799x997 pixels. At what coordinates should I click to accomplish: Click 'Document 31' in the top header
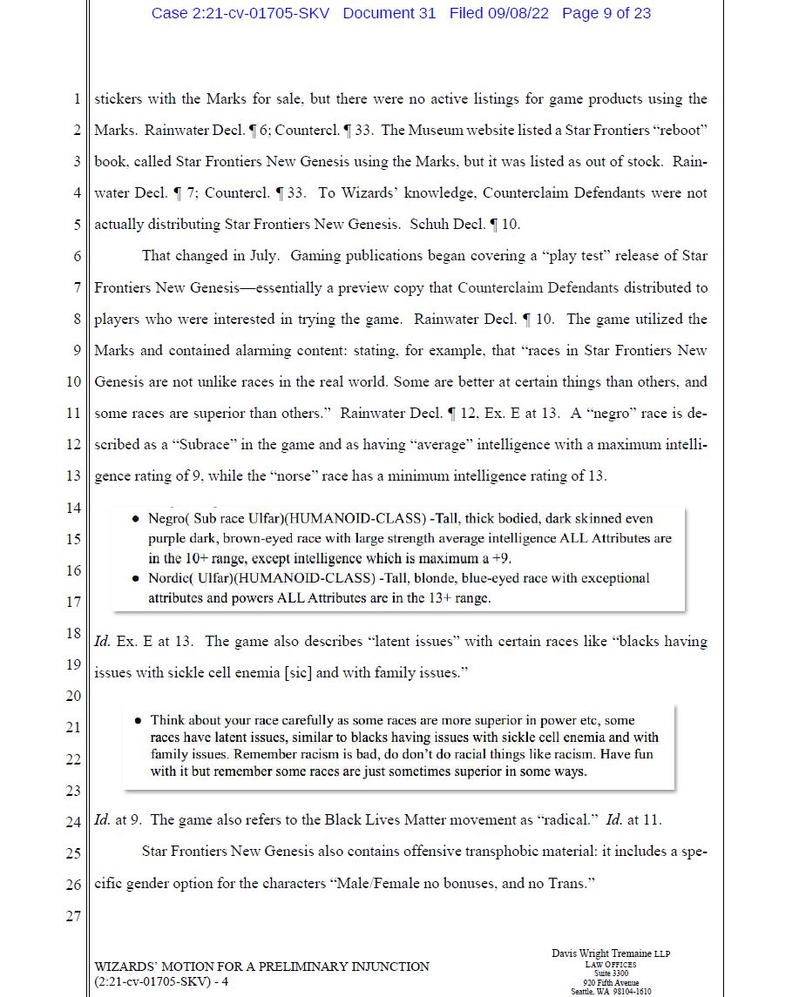click(389, 13)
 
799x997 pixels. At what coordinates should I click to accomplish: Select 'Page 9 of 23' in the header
click(606, 13)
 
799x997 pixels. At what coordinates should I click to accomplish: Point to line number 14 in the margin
click(73, 508)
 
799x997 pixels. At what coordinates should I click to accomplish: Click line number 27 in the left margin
click(73, 916)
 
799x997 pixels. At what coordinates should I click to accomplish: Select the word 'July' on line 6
click(260, 256)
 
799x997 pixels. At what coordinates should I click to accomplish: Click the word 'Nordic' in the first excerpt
click(168, 578)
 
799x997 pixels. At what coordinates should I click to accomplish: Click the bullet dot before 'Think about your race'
click(139, 721)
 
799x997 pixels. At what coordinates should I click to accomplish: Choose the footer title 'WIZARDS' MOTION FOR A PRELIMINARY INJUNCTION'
click(261, 967)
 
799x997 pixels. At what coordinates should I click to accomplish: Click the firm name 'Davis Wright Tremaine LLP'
click(611, 953)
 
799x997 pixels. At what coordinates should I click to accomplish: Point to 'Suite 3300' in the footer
click(611, 973)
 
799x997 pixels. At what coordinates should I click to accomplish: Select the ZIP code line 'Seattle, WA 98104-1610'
click(611, 992)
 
